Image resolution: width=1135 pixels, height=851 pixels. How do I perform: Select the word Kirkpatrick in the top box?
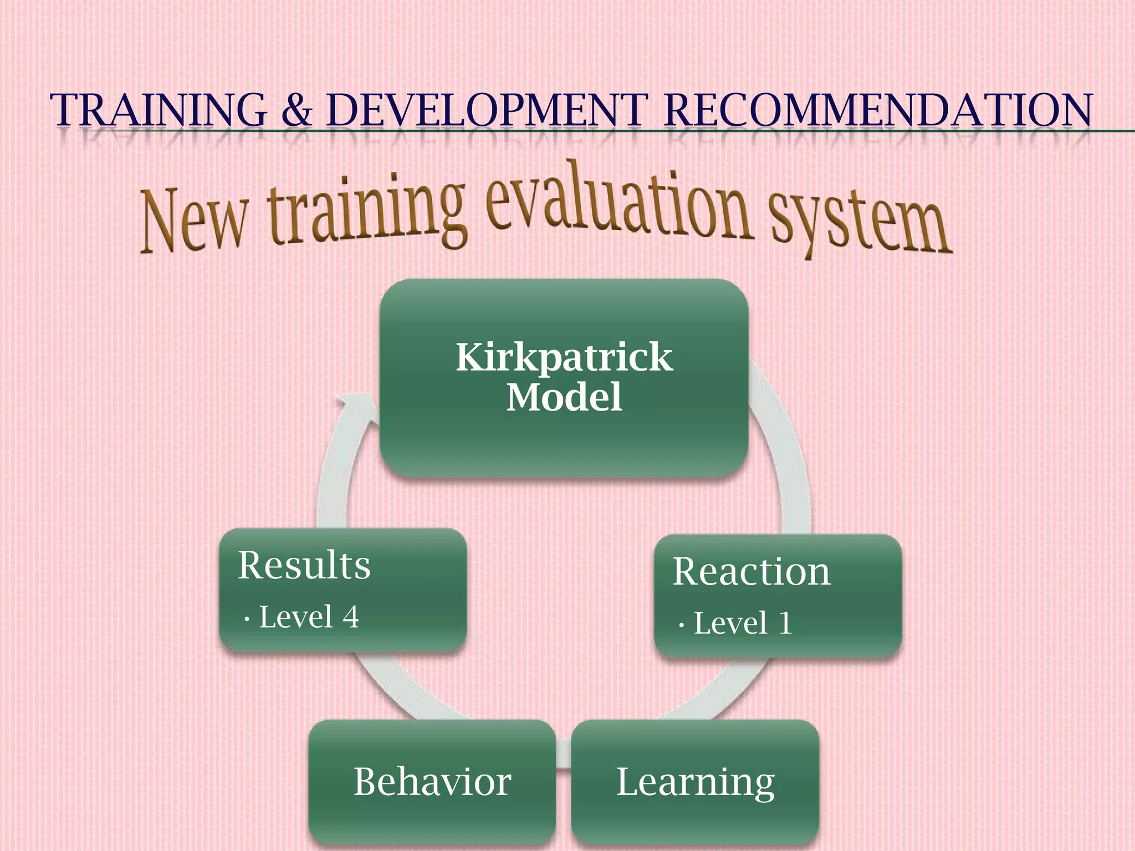click(564, 357)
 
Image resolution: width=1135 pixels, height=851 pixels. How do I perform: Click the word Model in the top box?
click(564, 397)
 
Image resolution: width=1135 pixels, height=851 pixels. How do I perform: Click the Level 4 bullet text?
click(308, 617)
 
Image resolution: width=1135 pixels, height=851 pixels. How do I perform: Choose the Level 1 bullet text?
click(743, 623)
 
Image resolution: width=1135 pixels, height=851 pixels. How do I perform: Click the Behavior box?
click(432, 782)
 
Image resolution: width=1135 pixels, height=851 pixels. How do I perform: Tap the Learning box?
click(695, 782)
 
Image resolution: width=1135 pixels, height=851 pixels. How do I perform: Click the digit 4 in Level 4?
click(350, 617)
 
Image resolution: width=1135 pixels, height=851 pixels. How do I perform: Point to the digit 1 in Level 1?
click(785, 623)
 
